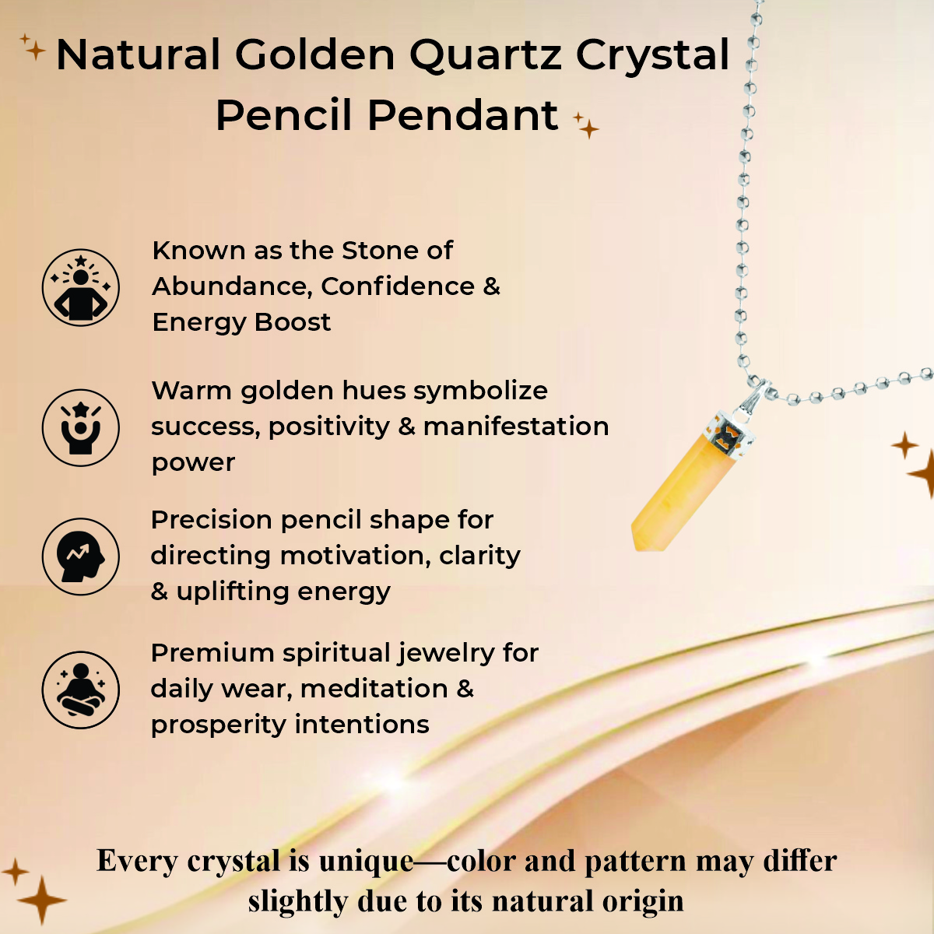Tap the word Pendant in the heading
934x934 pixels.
click(x=463, y=116)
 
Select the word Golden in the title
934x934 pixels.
click(x=314, y=55)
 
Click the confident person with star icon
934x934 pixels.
click(x=80, y=287)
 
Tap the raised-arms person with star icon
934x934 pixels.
click(x=80, y=427)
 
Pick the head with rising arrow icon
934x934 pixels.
click(x=80, y=557)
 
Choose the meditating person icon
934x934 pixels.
click(x=80, y=690)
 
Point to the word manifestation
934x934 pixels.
click(x=516, y=427)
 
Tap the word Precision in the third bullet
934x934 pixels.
click(x=211, y=520)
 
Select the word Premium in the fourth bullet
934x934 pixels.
click(x=212, y=653)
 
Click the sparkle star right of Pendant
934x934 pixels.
click(x=586, y=125)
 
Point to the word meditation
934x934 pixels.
click(x=374, y=690)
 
